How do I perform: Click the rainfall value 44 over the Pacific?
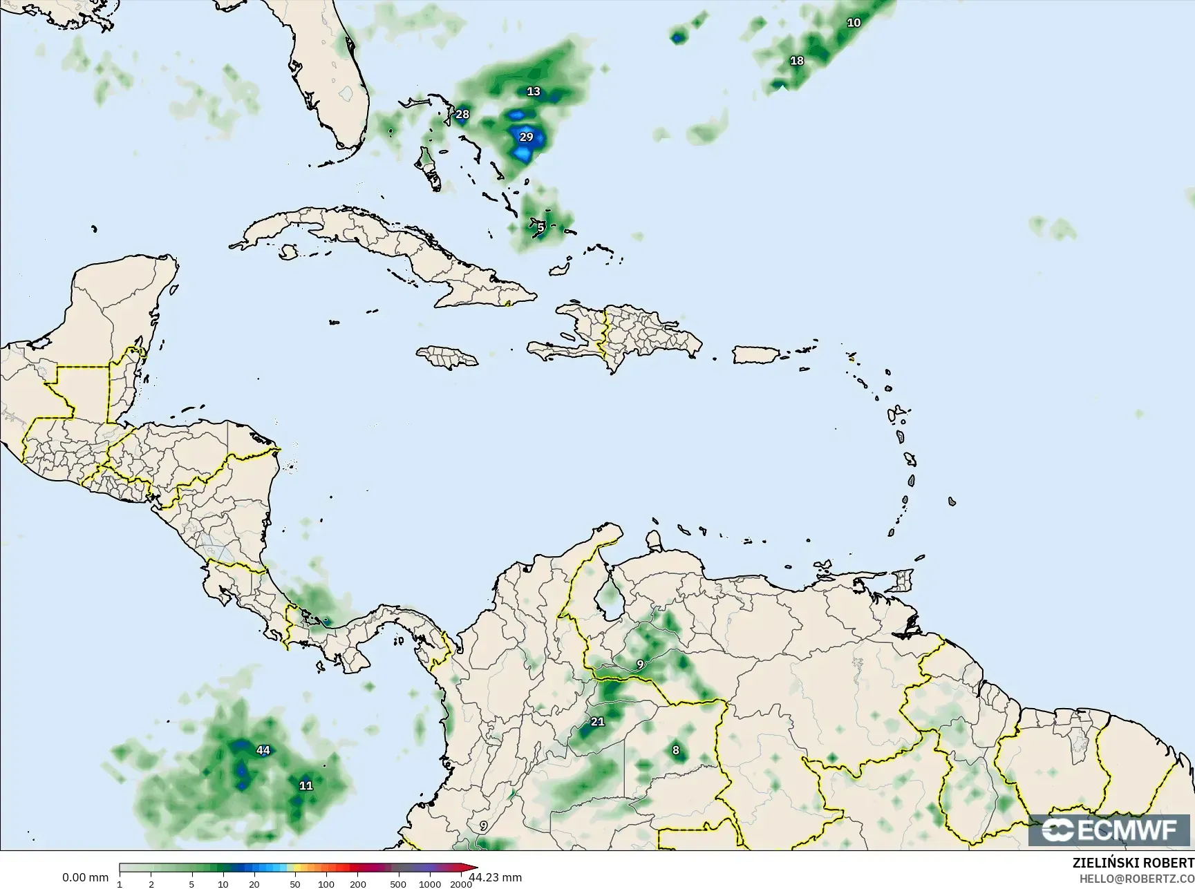coord(263,751)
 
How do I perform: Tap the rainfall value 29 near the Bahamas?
coord(527,137)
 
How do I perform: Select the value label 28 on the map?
coord(462,115)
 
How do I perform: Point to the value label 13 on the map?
coord(534,91)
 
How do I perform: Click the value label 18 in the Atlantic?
coord(797,61)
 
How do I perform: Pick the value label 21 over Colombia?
coord(598,722)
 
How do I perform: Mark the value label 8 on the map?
coord(676,750)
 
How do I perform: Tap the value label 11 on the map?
coord(306,785)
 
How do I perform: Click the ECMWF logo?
coord(1110,830)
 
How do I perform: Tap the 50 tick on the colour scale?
coord(295,883)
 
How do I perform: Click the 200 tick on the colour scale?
coord(357,883)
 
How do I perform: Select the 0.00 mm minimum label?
coord(85,877)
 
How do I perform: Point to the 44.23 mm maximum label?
coord(495,877)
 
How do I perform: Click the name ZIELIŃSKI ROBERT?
coord(1133,863)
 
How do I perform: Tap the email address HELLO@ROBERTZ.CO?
coord(1137,878)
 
